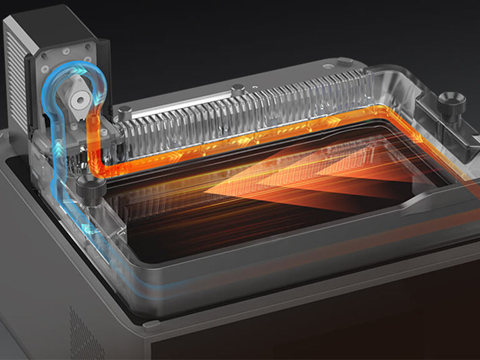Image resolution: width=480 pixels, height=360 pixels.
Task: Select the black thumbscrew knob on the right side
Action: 451,106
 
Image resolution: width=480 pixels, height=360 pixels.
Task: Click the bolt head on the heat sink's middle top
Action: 237,90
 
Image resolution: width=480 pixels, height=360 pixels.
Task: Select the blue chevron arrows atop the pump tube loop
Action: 74,68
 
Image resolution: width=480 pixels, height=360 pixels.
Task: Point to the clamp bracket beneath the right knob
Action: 443,135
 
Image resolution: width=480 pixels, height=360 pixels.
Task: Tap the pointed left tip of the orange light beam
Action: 206,196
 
